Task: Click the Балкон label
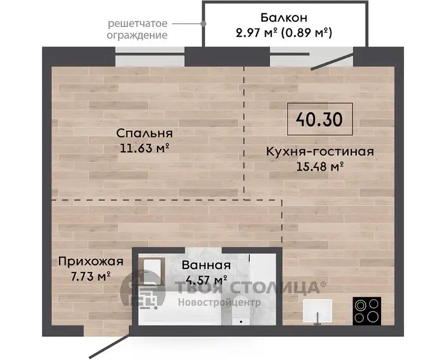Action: pyautogui.click(x=284, y=18)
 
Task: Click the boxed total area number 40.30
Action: pyautogui.click(x=319, y=119)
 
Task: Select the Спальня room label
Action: pyautogui.click(x=145, y=133)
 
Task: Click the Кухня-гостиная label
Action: pyautogui.click(x=320, y=151)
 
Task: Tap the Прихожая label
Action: pyautogui.click(x=91, y=261)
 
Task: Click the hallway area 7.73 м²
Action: pyautogui.click(x=91, y=276)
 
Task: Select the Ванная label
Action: pyautogui.click(x=206, y=265)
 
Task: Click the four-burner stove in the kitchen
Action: pyautogui.click(x=367, y=311)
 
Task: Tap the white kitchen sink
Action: pyautogui.click(x=318, y=311)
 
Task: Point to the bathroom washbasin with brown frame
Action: pyautogui.click(x=153, y=271)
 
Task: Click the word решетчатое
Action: pyautogui.click(x=137, y=23)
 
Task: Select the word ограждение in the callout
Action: pyautogui.click(x=137, y=35)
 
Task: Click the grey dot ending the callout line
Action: pyautogui.click(x=203, y=24)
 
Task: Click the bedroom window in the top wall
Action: pyautogui.click(x=150, y=57)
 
